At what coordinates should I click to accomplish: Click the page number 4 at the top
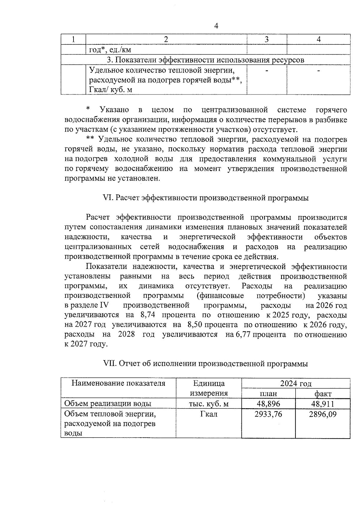tap(216, 26)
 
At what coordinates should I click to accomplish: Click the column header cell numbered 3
tap(266, 39)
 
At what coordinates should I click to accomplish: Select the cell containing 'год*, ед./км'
tap(110, 49)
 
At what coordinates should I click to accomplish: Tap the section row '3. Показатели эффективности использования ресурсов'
tap(205, 60)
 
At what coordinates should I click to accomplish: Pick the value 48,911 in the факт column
tap(322, 404)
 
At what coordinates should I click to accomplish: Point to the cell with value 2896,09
tap(322, 414)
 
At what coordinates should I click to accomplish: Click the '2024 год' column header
tap(295, 383)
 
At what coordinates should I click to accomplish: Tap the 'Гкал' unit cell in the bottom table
tap(209, 414)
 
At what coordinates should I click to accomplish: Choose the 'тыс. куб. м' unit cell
tap(209, 404)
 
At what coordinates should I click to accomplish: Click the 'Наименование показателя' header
tap(118, 383)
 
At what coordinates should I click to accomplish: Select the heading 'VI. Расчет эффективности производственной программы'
tap(205, 198)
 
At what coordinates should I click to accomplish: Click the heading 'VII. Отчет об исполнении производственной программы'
tap(205, 364)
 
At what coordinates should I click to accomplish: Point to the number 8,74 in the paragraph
tap(147, 316)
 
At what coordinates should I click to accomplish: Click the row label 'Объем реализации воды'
tap(108, 404)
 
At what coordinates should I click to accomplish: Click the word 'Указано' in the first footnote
tap(114, 110)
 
